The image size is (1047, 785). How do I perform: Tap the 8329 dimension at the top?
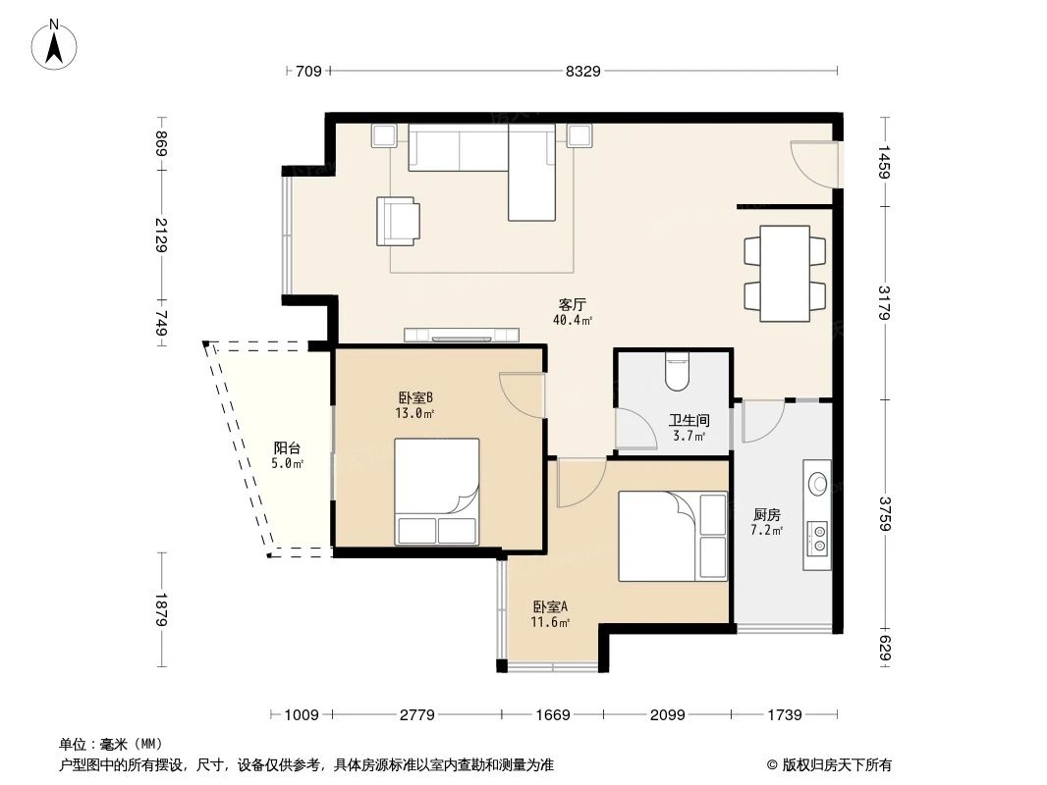(582, 71)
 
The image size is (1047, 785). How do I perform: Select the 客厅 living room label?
(573, 304)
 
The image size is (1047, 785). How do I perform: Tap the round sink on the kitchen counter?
(816, 483)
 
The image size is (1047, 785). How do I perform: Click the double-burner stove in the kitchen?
(816, 536)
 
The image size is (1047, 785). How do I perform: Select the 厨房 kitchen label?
(767, 514)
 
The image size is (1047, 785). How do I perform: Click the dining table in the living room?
(784, 273)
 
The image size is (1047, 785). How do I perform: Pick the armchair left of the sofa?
(397, 221)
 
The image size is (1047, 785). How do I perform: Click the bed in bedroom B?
(437, 491)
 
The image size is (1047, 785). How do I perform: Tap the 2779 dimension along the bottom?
(417, 714)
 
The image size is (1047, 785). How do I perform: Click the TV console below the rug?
(461, 335)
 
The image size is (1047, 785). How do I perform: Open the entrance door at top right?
(815, 163)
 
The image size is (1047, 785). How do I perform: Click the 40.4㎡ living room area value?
(573, 320)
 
